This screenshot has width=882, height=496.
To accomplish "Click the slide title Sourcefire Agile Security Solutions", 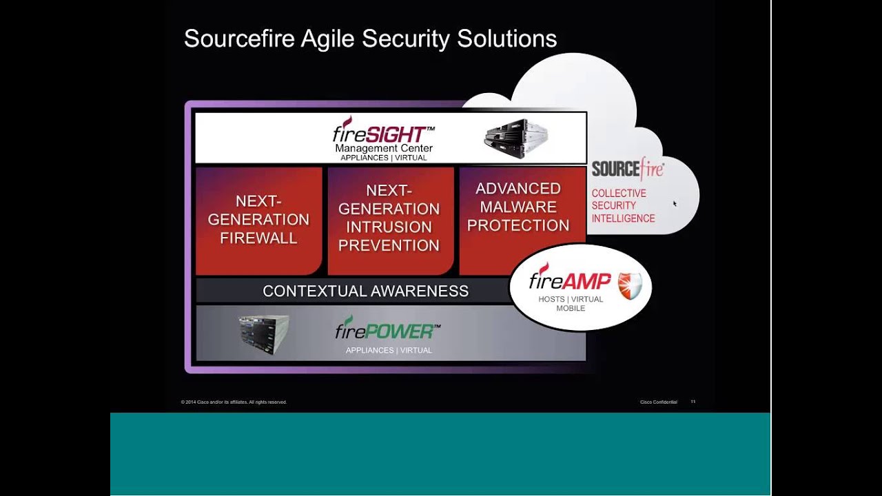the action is pyautogui.click(x=370, y=39).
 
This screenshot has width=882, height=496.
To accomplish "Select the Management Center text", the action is pyautogui.click(x=384, y=148).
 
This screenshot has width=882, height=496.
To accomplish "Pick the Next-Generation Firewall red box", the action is pyautogui.click(x=258, y=220).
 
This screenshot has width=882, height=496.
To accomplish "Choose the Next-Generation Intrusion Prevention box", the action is pyautogui.click(x=389, y=218).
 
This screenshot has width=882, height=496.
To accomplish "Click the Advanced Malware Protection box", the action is pyautogui.click(x=518, y=207).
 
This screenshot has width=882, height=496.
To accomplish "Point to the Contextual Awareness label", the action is pyautogui.click(x=365, y=291).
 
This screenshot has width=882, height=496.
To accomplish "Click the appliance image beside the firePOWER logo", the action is pyautogui.click(x=264, y=334).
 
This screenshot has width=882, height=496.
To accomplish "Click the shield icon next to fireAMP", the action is pyautogui.click(x=629, y=285).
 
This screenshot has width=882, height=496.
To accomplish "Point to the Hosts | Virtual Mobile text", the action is pyautogui.click(x=571, y=304).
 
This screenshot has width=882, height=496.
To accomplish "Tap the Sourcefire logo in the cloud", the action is pyautogui.click(x=628, y=168).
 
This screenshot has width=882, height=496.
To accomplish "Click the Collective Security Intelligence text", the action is pyautogui.click(x=623, y=206).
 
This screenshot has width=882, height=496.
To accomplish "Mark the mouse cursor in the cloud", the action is pyautogui.click(x=675, y=203).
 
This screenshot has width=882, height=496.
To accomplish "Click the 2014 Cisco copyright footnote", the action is pyautogui.click(x=234, y=402).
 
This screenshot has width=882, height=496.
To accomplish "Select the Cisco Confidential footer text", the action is pyautogui.click(x=658, y=402).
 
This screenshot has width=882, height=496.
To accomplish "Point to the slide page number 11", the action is pyautogui.click(x=693, y=402).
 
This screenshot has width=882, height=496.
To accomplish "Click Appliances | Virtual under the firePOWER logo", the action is pyautogui.click(x=389, y=351).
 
